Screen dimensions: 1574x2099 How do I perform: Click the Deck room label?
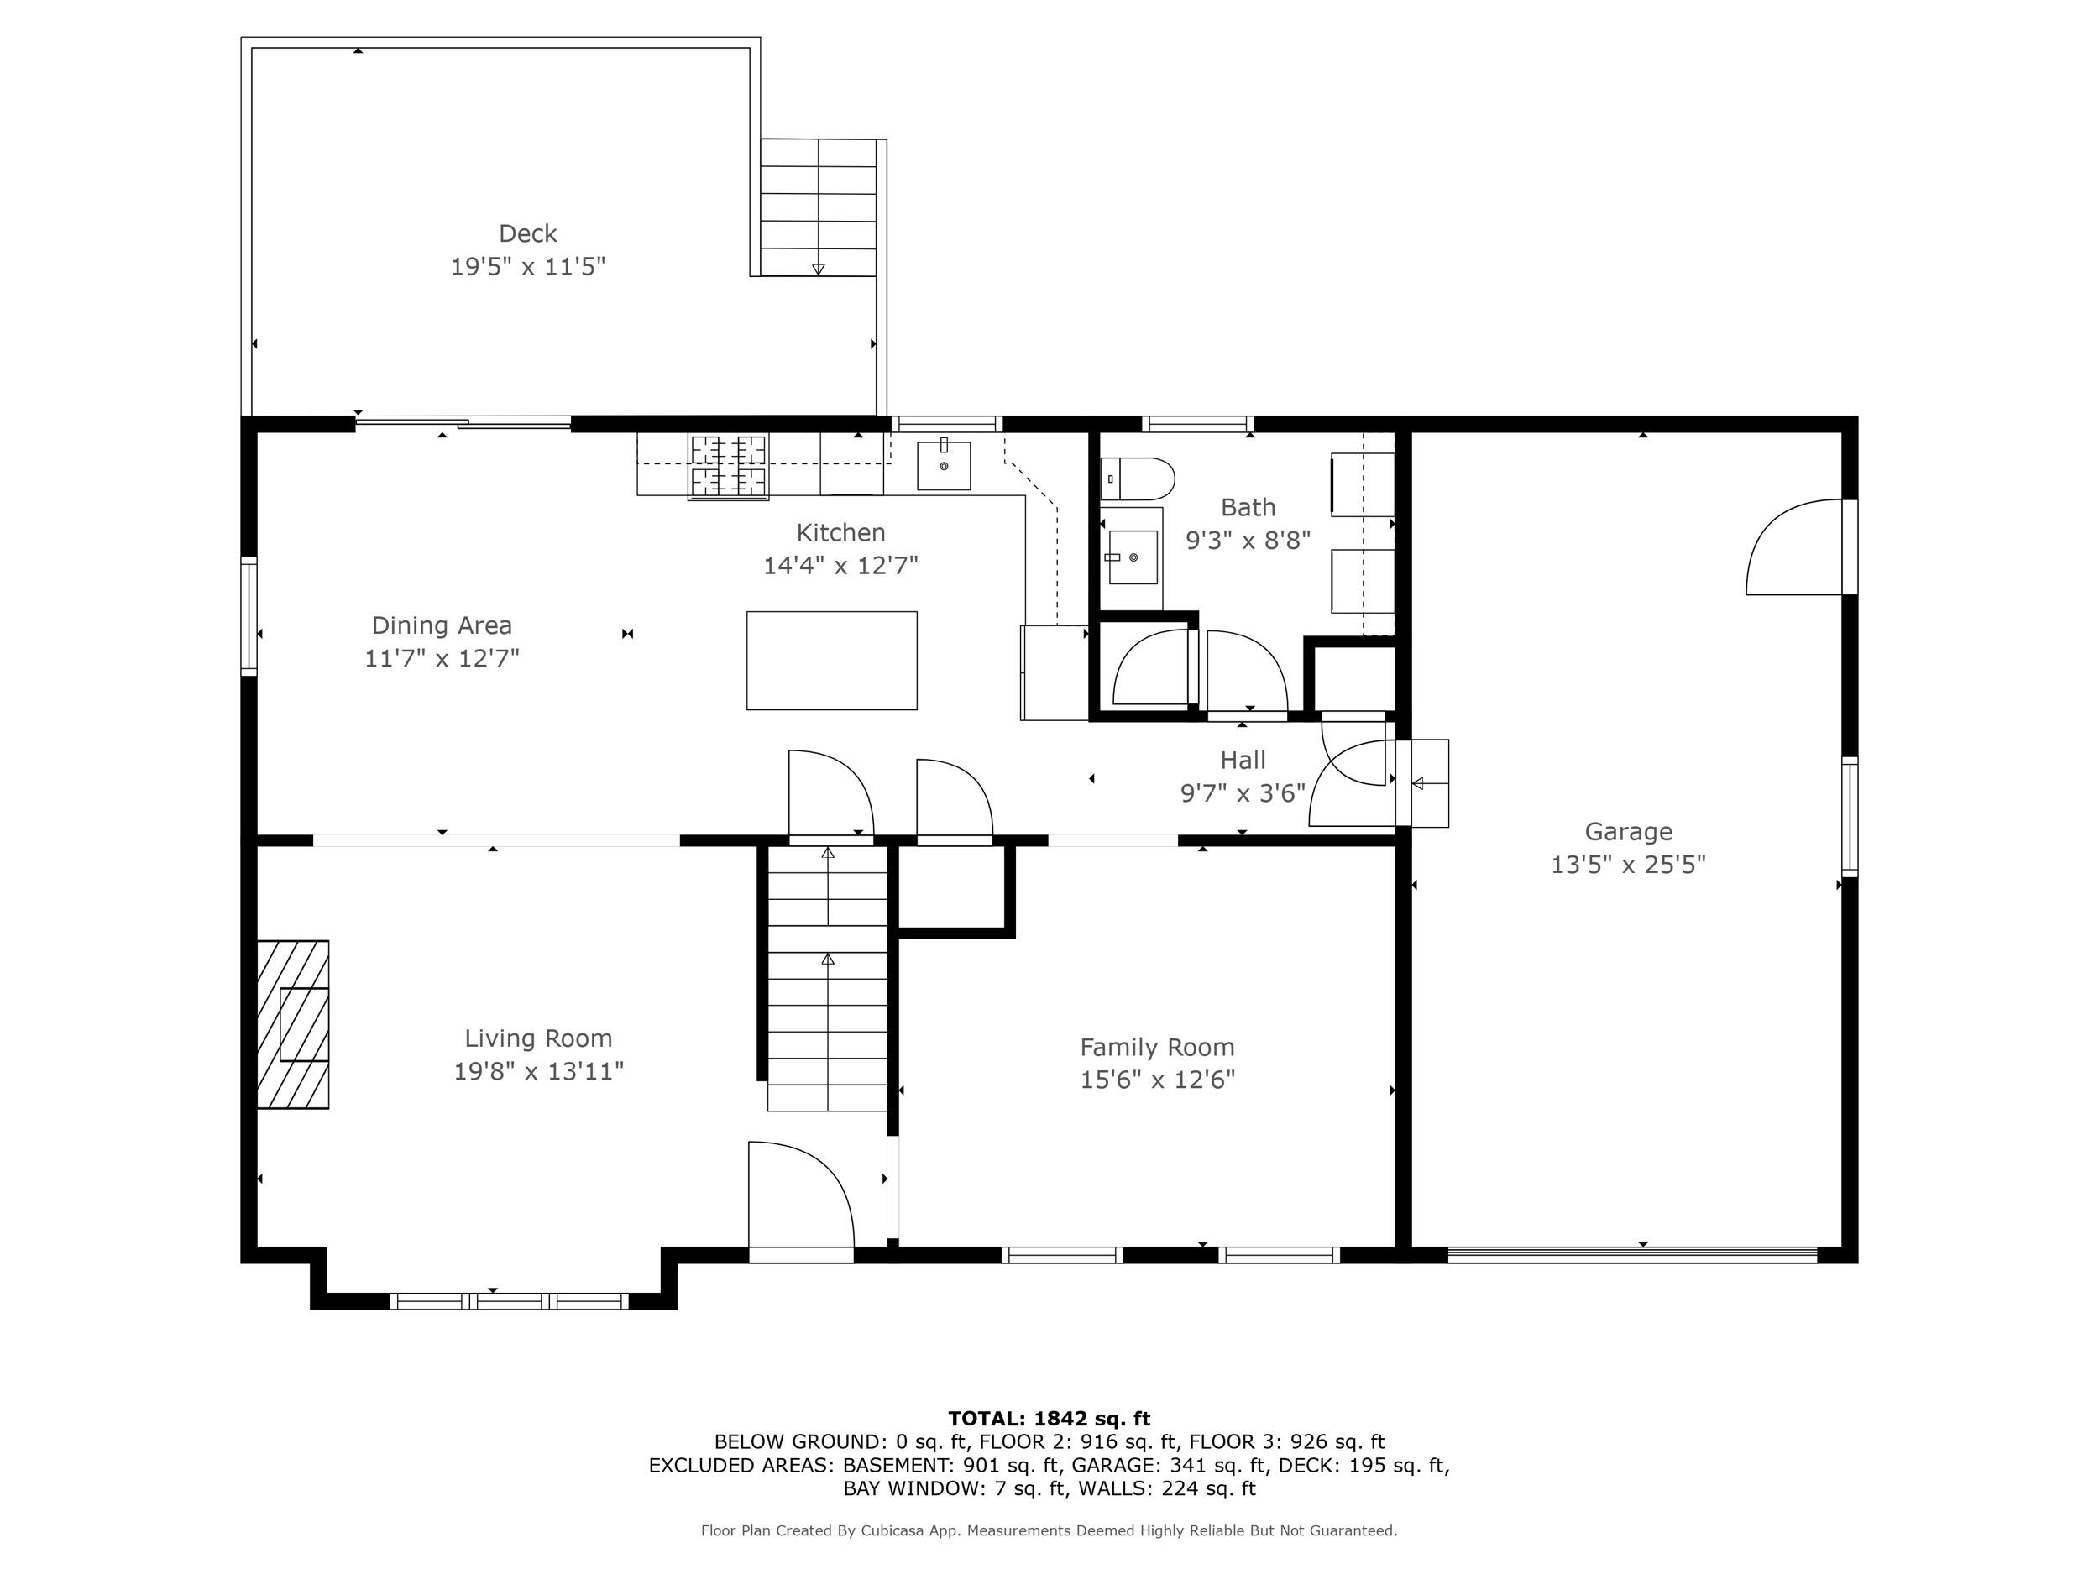[527, 233]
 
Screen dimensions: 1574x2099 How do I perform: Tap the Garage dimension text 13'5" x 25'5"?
[1627, 865]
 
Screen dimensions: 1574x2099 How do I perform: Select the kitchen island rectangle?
[831, 661]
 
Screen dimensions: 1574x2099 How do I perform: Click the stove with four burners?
[728, 467]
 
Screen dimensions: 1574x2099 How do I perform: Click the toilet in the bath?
[1138, 479]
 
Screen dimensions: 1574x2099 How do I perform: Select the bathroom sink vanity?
[1132, 558]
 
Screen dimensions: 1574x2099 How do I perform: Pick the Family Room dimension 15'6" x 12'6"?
[1157, 1080]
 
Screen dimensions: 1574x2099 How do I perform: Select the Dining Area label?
[442, 625]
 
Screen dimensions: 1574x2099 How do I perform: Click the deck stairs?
[818, 207]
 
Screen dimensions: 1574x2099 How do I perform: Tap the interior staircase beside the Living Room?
[828, 977]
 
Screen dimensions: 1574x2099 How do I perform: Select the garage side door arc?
[1795, 548]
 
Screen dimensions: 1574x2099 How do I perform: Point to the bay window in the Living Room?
[509, 1301]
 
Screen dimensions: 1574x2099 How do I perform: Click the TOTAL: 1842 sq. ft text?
[1049, 1419]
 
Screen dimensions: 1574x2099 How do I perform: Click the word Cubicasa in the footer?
[896, 1530]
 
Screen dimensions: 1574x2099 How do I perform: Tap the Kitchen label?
[840, 532]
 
